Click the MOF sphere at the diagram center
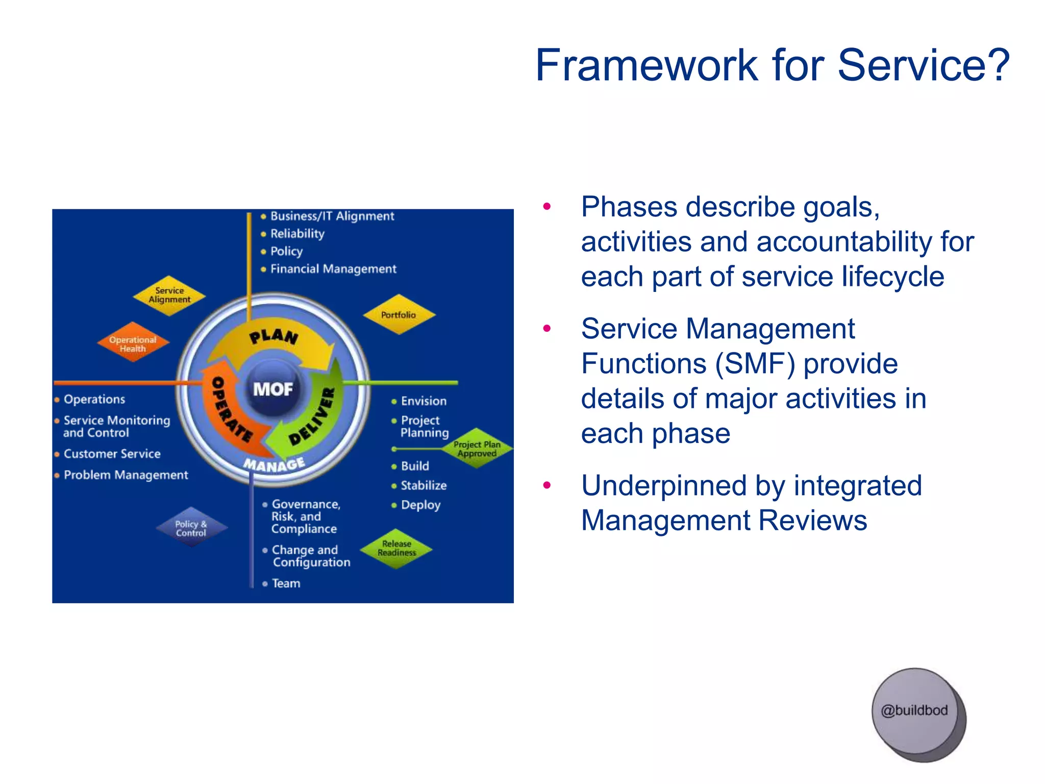click(273, 389)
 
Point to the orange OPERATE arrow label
click(231, 408)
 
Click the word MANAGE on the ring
click(274, 464)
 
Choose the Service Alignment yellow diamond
click(169, 295)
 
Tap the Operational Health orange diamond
click(133, 344)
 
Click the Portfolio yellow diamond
click(399, 314)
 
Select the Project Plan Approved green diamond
click(477, 449)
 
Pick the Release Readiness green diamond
click(396, 548)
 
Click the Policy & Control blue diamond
click(191, 528)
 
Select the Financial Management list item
click(333, 268)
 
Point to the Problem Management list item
click(126, 475)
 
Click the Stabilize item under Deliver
click(423, 485)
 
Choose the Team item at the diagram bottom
click(286, 583)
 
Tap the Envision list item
click(423, 401)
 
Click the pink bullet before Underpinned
click(547, 485)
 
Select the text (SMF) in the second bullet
click(755, 363)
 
